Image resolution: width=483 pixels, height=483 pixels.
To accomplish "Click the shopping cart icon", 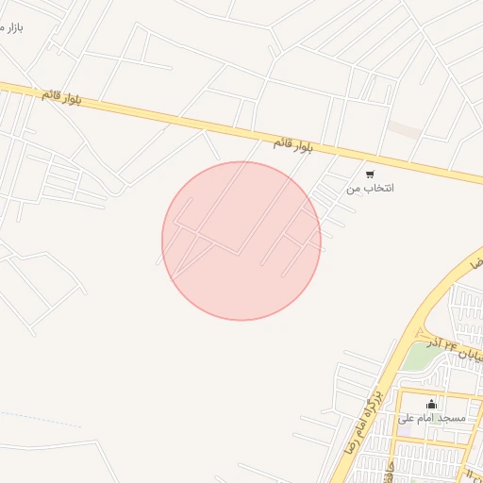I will [370, 174].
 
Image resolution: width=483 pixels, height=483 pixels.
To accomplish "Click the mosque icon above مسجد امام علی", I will [432, 405].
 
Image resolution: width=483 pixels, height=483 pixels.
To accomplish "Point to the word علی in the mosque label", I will [406, 417].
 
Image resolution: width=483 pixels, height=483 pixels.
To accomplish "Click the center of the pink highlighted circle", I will [241, 241].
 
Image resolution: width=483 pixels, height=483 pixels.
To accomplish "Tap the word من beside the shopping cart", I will [354, 189].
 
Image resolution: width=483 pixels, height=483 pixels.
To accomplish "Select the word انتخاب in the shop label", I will [378, 189].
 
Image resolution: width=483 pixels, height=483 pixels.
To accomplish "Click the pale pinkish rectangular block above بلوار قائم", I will [406, 130].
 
